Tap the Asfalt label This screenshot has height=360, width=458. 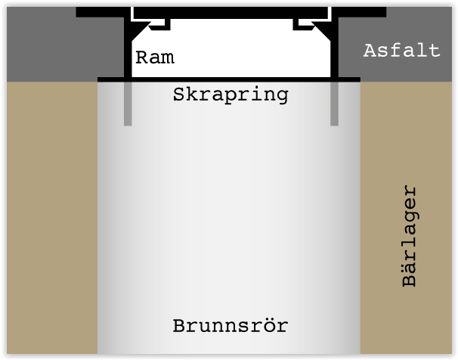[401, 51]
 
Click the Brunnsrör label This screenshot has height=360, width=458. [231, 327]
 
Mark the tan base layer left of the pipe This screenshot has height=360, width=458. [49, 219]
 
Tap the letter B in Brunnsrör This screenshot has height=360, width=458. [179, 327]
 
